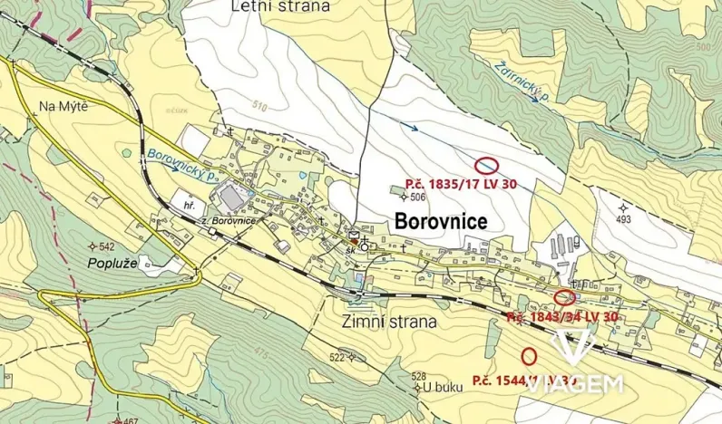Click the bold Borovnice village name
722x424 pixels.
tap(441, 222)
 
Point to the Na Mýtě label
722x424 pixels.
tap(63, 107)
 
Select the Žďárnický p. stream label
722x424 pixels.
tap(525, 82)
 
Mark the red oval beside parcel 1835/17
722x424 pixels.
tap(487, 166)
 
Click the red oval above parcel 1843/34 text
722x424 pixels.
tap(564, 296)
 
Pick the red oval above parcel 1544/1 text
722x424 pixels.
tap(530, 356)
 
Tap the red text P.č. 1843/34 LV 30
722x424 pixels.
tap(562, 316)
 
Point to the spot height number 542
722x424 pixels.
tap(105, 246)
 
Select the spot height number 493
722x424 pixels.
tap(622, 219)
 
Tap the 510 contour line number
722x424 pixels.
tap(286, 106)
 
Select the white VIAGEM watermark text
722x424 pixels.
tap(574, 383)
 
